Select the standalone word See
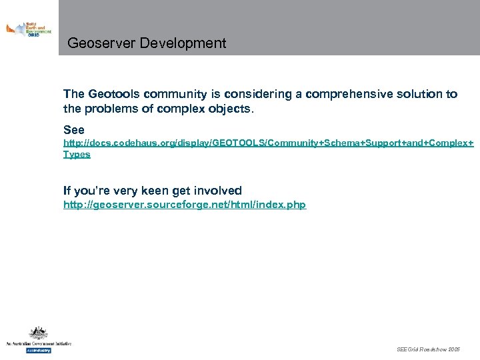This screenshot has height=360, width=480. pyautogui.click(x=74, y=129)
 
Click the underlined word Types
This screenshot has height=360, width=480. pyautogui.click(x=77, y=154)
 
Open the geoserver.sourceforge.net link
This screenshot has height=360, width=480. pyautogui.click(x=185, y=205)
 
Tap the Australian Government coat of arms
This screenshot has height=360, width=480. pyautogui.click(x=37, y=333)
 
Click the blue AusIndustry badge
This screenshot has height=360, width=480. pyautogui.click(x=38, y=350)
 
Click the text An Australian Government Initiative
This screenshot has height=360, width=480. pyautogui.click(x=38, y=344)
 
